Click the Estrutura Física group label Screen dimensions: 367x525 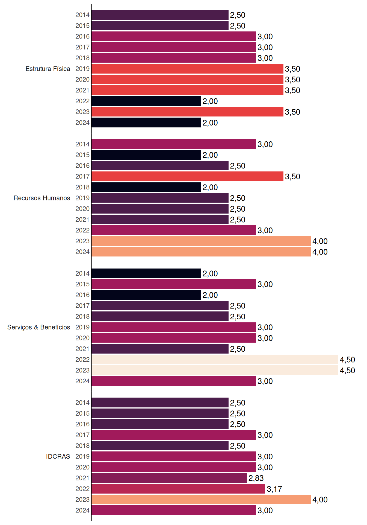pyautogui.click(x=48, y=69)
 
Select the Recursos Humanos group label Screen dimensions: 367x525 pyautogui.click(x=42, y=198)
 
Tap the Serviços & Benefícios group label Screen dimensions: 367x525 pyautogui.click(x=39, y=327)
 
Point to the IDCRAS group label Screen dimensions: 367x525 pyautogui.click(x=58, y=456)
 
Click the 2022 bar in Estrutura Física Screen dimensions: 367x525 pyautogui.click(x=146, y=101)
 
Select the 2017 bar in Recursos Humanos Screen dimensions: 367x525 pyautogui.click(x=187, y=176)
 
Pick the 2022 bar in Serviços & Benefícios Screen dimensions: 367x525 pyautogui.click(x=215, y=360)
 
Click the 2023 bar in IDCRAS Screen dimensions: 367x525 pyautogui.click(x=201, y=500)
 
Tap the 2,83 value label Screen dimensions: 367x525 pyautogui.click(x=256, y=478)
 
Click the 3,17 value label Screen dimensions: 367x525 pyautogui.click(x=274, y=489)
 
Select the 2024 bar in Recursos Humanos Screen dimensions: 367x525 pyautogui.click(x=201, y=252)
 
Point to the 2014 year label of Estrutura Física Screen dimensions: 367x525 pyautogui.click(x=82, y=15)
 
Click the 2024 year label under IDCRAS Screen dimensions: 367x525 pyautogui.click(x=82, y=510)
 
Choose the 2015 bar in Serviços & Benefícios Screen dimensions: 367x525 pyautogui.click(x=174, y=284)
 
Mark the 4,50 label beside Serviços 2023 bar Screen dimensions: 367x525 pyautogui.click(x=347, y=371)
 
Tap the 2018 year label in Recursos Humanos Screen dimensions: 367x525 pyautogui.click(x=82, y=187)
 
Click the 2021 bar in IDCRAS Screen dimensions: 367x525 pyautogui.click(x=169, y=478)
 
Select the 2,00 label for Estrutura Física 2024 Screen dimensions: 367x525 pyautogui.click(x=210, y=123)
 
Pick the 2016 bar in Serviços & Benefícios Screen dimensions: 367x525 pyautogui.click(x=146, y=295)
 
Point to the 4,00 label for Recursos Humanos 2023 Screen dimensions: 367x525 pyautogui.click(x=320, y=241)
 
